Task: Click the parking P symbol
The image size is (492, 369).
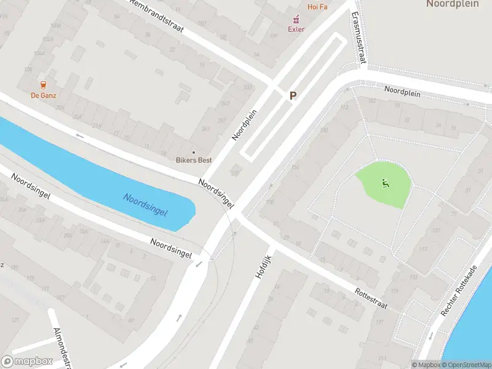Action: [x=293, y=95]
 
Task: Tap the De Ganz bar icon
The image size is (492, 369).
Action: [x=44, y=85]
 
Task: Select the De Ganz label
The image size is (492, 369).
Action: [x=44, y=95]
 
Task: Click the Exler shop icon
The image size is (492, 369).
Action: [x=296, y=19]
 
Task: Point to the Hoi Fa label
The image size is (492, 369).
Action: [x=317, y=6]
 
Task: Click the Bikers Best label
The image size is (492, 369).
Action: [x=194, y=161]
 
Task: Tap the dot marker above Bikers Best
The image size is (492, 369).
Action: [x=194, y=152]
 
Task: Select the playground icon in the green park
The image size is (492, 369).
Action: [x=386, y=183]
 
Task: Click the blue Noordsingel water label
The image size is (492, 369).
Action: [x=145, y=204]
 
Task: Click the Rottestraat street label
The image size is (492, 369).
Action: [x=370, y=299]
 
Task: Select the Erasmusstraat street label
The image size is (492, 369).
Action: [x=358, y=38]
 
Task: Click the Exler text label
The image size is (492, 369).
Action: [x=296, y=29]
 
